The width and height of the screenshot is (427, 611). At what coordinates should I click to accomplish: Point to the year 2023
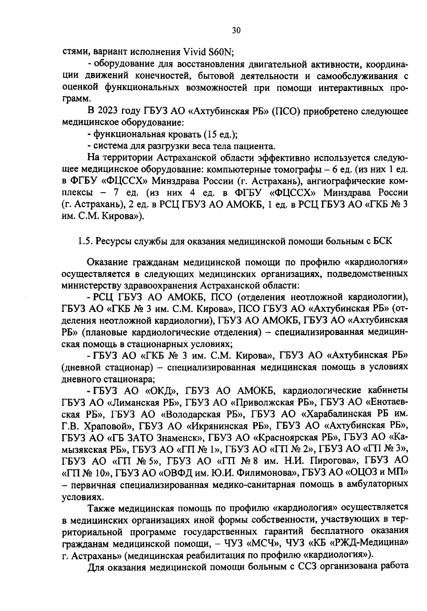point(106,111)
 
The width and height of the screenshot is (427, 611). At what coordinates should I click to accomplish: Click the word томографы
point(291,169)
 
